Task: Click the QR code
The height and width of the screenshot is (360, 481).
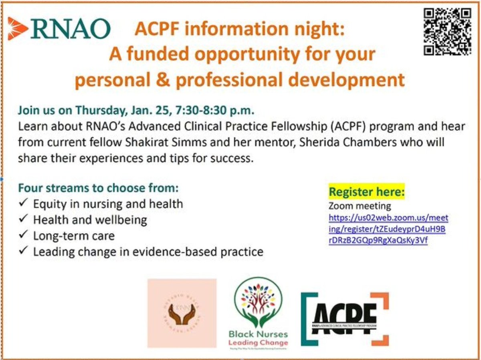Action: [x=447, y=31]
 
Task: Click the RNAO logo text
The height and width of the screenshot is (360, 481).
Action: [x=70, y=29]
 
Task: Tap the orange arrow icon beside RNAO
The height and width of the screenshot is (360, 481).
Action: [x=18, y=28]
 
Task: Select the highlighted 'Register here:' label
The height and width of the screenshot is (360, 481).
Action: [x=366, y=192]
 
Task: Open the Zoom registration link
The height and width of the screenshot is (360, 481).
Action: [x=388, y=230]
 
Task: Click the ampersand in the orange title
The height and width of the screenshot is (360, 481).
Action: [x=164, y=80]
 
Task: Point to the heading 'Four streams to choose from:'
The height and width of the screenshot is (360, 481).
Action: [x=98, y=188]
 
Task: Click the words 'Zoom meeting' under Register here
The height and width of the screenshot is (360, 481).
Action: [x=360, y=206]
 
